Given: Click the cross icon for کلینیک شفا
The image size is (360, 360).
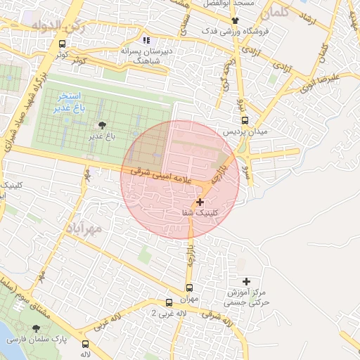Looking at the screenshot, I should [x=201, y=202].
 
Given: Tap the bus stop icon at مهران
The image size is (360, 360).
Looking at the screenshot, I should [x=188, y=288].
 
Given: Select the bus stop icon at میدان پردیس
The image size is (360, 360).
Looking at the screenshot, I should [x=238, y=121].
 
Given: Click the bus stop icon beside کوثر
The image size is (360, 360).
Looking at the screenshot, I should [x=63, y=44].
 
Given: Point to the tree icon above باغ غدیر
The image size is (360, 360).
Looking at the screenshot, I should [x=104, y=125].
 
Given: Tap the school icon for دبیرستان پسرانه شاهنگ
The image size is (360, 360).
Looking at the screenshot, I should [x=146, y=40].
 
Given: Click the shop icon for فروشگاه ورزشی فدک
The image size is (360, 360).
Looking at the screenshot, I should [x=235, y=20].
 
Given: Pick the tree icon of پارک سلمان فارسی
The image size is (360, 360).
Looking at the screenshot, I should [x=37, y=328].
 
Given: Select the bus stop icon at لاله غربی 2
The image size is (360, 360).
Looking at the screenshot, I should [x=168, y=302].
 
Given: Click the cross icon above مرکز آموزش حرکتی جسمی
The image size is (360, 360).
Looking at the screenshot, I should [x=243, y=281].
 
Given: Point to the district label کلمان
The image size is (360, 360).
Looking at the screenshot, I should [x=274, y=13].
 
